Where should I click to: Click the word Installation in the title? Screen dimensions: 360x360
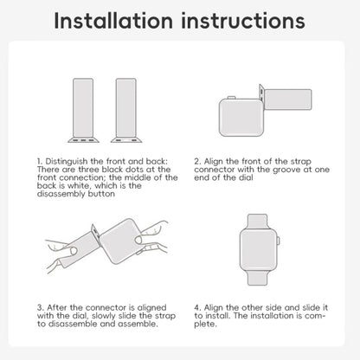click(113, 21)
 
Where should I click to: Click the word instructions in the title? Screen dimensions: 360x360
click(243, 21)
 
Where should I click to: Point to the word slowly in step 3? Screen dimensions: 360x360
click(105, 316)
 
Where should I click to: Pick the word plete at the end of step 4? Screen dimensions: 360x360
click(205, 325)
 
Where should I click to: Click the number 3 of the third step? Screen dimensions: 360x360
click(40, 307)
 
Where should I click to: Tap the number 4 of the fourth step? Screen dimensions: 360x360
click(197, 307)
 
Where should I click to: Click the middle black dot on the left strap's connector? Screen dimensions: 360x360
click(83, 140)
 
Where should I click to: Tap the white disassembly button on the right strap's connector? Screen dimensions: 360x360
click(126, 140)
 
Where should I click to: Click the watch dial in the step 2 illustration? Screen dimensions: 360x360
click(241, 118)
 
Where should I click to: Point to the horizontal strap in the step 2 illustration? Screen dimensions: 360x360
click(288, 100)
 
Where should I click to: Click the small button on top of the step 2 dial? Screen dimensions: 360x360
click(231, 98)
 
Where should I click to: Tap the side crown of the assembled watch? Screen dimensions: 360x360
click(279, 240)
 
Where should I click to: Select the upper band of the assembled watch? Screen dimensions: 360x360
click(258, 222)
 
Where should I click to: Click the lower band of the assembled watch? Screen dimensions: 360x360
click(258, 277)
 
